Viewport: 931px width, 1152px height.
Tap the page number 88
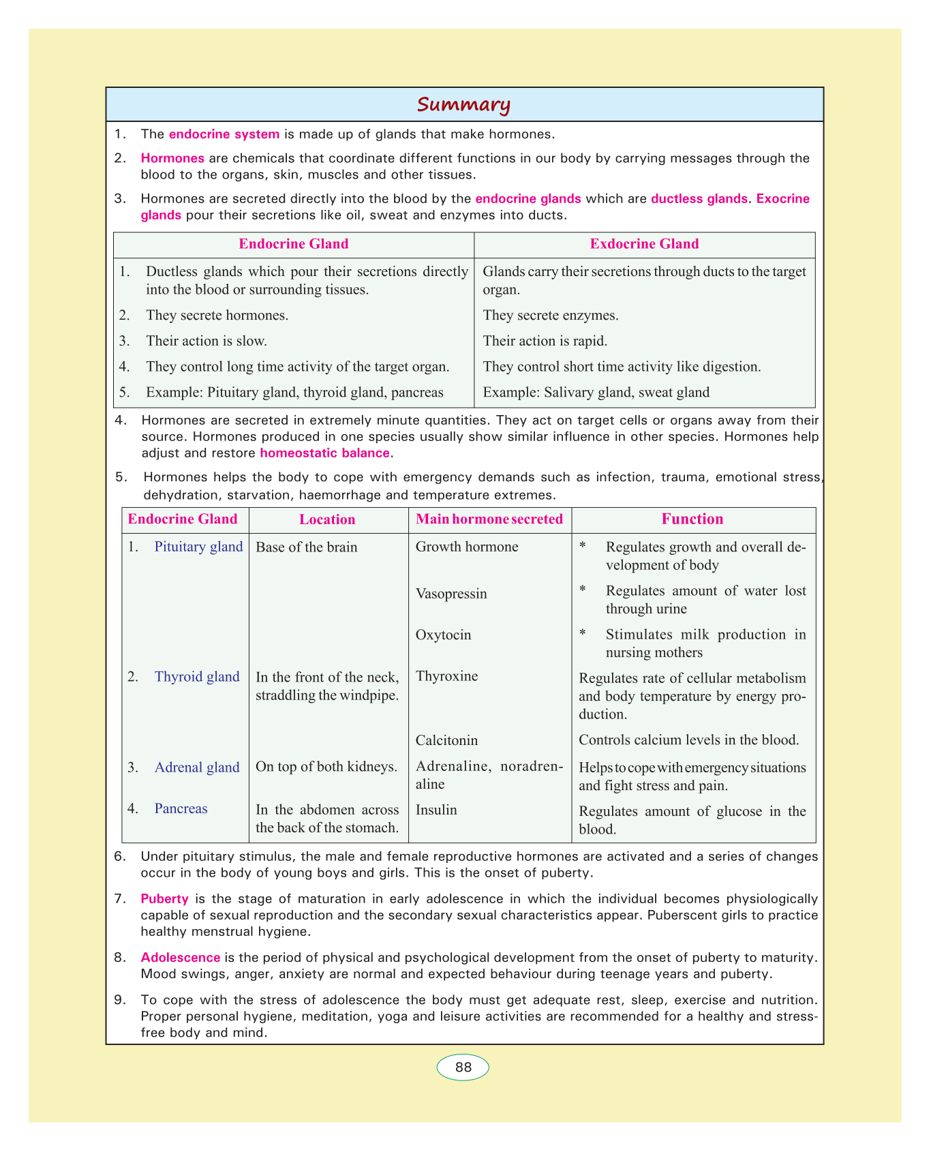pyautogui.click(x=463, y=1067)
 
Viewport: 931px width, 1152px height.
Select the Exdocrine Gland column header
pyautogui.click(x=644, y=244)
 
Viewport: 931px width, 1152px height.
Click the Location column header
pyautogui.click(x=327, y=519)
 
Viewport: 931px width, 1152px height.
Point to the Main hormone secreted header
pyautogui.click(x=489, y=519)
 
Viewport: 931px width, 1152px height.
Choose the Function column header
pyautogui.click(x=692, y=519)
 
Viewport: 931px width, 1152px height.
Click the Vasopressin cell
pyautogui.click(x=451, y=594)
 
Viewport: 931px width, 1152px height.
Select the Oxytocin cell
pyautogui.click(x=443, y=635)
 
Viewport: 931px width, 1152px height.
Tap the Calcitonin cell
pyautogui.click(x=446, y=740)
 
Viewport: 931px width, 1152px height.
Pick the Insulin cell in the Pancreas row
pyautogui.click(x=436, y=810)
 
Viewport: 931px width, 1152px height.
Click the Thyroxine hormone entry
pyautogui.click(x=446, y=677)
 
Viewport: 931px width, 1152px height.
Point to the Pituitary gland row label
pyautogui.click(x=198, y=547)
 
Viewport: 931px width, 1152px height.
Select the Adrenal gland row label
pyautogui.click(x=197, y=768)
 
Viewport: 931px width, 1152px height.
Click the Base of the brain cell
pyautogui.click(x=306, y=547)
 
